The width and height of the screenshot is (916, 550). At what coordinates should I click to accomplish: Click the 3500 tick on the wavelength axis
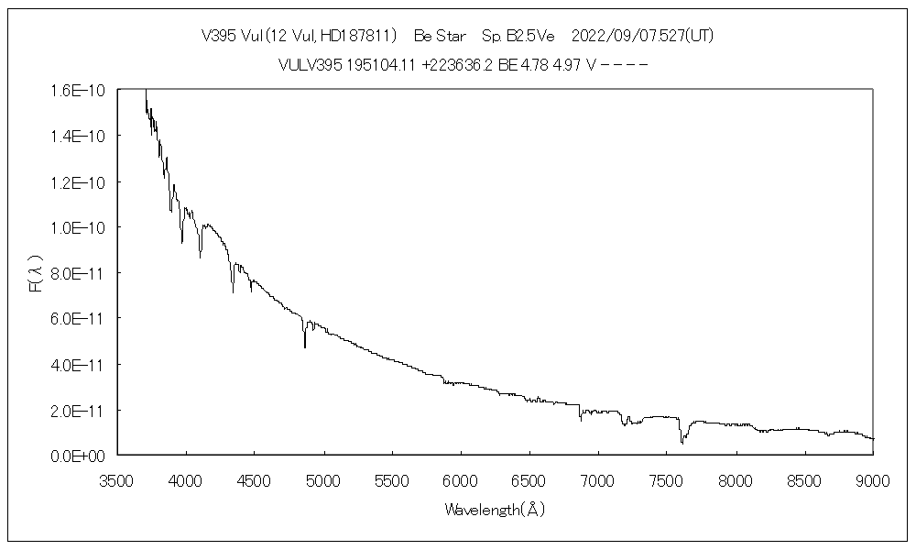[117, 478]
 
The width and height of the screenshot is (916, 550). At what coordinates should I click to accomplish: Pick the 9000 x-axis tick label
[873, 478]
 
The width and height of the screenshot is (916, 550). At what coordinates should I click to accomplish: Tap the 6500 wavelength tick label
[529, 478]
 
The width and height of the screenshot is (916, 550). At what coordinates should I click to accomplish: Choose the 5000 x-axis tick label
[323, 478]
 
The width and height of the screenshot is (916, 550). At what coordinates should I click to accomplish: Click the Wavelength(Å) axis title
[495, 509]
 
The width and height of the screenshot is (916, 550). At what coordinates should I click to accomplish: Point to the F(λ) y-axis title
[36, 274]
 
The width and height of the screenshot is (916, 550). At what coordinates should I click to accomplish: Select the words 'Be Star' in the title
[440, 36]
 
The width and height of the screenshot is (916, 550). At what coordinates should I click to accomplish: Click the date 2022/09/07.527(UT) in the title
[642, 36]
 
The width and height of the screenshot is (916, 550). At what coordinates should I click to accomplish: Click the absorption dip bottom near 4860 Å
[305, 347]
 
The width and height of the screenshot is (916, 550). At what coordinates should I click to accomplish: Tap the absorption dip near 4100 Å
[201, 258]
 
